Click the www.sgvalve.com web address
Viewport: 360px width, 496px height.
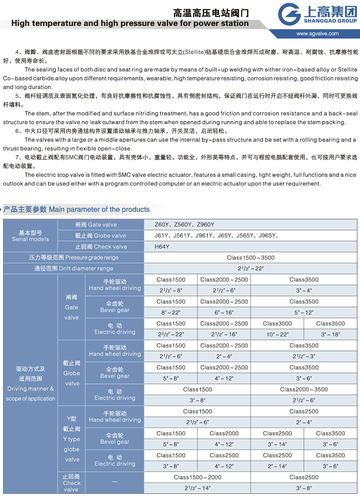317,34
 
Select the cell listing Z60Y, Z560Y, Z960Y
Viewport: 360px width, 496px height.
180,224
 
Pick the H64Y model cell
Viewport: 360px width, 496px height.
162,246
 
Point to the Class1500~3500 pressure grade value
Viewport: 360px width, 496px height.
250,257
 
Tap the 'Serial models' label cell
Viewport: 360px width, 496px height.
30,236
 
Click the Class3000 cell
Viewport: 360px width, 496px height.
277,323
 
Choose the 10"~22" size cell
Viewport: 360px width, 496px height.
277,334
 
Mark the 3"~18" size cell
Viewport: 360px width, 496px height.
330,334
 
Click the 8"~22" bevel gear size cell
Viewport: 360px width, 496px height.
170,312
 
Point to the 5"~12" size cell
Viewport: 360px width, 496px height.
303,312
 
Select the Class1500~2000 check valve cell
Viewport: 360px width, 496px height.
197,477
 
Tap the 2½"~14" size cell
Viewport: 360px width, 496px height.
197,488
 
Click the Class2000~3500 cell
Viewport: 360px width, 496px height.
303,389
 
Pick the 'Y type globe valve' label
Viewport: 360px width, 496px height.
71,438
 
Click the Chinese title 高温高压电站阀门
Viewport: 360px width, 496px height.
210,13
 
